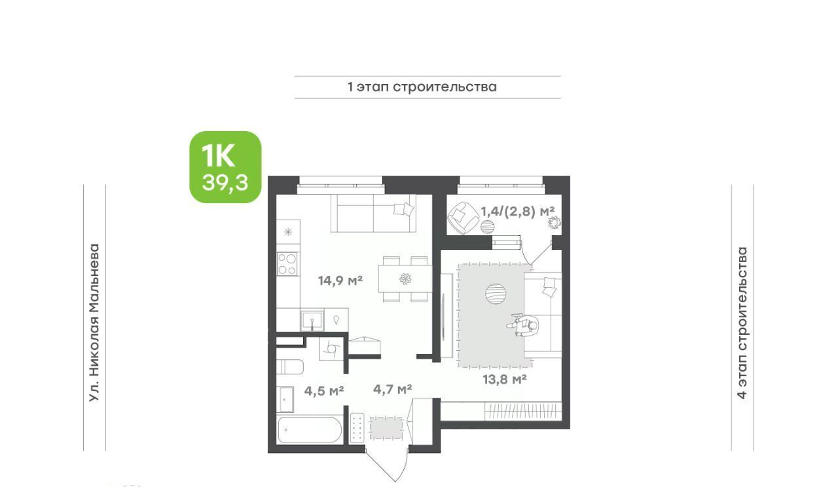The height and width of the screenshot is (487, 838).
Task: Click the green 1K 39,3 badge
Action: (225, 167)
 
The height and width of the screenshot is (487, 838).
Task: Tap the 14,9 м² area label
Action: (340, 281)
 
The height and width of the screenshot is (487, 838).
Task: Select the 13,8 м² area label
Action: (505, 380)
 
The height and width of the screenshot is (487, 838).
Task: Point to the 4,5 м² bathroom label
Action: (324, 391)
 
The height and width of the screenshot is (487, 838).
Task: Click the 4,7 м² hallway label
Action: (393, 389)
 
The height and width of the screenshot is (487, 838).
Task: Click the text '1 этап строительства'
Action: (422, 87)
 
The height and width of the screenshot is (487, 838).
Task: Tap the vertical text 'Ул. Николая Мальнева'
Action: (94, 323)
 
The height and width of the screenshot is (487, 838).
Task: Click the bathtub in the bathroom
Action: (310, 430)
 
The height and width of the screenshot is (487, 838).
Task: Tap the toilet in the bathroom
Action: (289, 367)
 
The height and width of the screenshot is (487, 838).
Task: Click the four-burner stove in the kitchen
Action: (287, 263)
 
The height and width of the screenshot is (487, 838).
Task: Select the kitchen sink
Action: (312, 321)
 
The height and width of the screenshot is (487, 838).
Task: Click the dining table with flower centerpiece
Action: (405, 279)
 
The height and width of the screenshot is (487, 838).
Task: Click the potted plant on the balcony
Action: (554, 222)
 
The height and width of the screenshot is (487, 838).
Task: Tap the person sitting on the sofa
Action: (524, 325)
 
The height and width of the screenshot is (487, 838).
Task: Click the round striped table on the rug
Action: (496, 294)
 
